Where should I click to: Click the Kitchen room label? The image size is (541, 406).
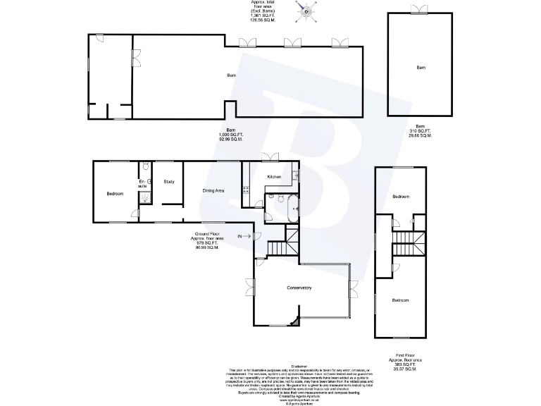click(274, 176)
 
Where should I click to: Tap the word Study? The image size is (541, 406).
click(169, 182)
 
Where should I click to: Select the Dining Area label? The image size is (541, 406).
click(213, 190)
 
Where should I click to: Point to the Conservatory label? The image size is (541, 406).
click(299, 288)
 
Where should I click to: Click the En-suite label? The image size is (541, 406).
click(142, 184)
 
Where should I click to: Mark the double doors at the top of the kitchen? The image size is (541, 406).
click(269, 157)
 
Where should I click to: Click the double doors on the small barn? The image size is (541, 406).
click(420, 8)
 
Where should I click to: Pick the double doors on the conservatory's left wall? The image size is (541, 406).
click(249, 287)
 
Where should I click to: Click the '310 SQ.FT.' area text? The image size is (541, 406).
click(420, 131)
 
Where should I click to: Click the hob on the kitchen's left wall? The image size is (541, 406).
click(245, 188)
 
